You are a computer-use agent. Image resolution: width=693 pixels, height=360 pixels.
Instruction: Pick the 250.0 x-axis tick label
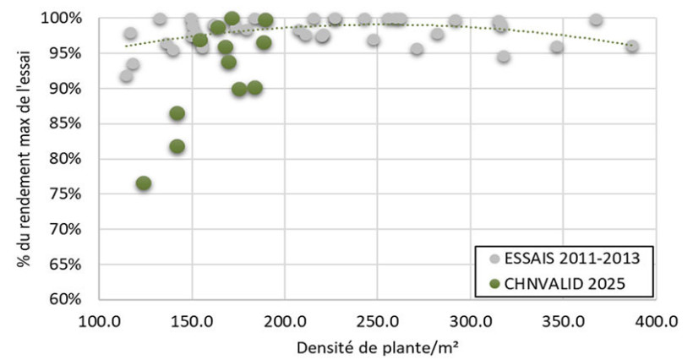point(378,321)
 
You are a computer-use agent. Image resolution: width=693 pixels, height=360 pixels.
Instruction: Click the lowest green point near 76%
point(144,183)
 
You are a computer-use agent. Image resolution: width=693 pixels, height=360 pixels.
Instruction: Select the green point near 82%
point(177,146)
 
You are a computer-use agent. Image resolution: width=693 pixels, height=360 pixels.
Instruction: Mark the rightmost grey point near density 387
point(631,46)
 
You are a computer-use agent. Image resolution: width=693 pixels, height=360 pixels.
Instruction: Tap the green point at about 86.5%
point(177,113)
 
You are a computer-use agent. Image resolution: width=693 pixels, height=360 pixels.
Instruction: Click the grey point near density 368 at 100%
point(596,19)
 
